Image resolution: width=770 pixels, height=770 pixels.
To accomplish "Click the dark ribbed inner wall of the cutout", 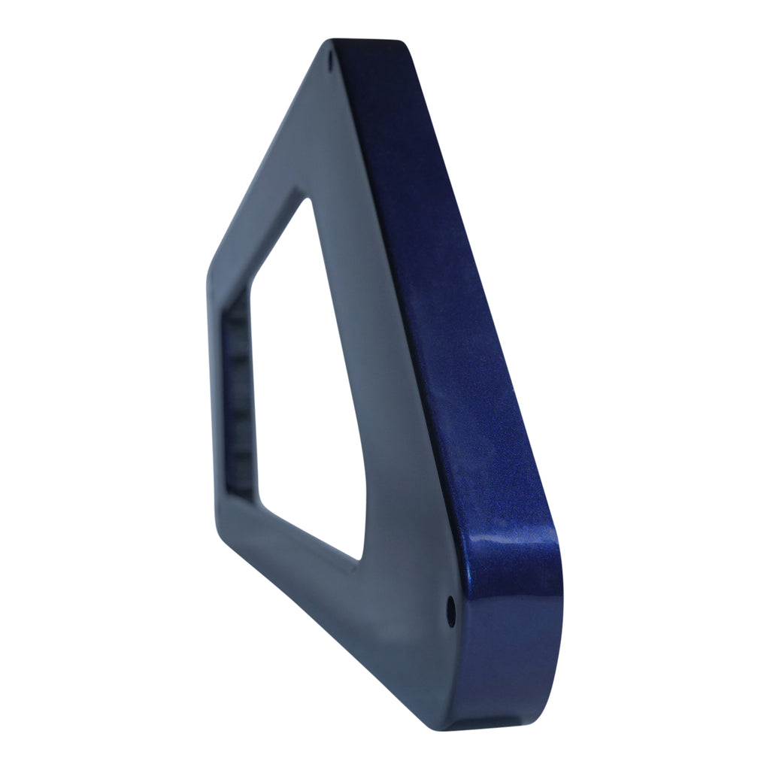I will tap(239, 399).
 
